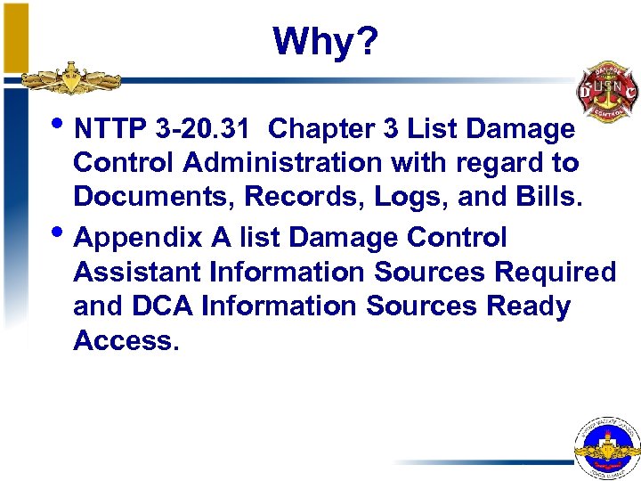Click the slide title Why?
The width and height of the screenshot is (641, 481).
point(326,41)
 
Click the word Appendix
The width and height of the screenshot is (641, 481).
point(134,239)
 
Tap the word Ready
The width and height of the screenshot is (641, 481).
point(528,307)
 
